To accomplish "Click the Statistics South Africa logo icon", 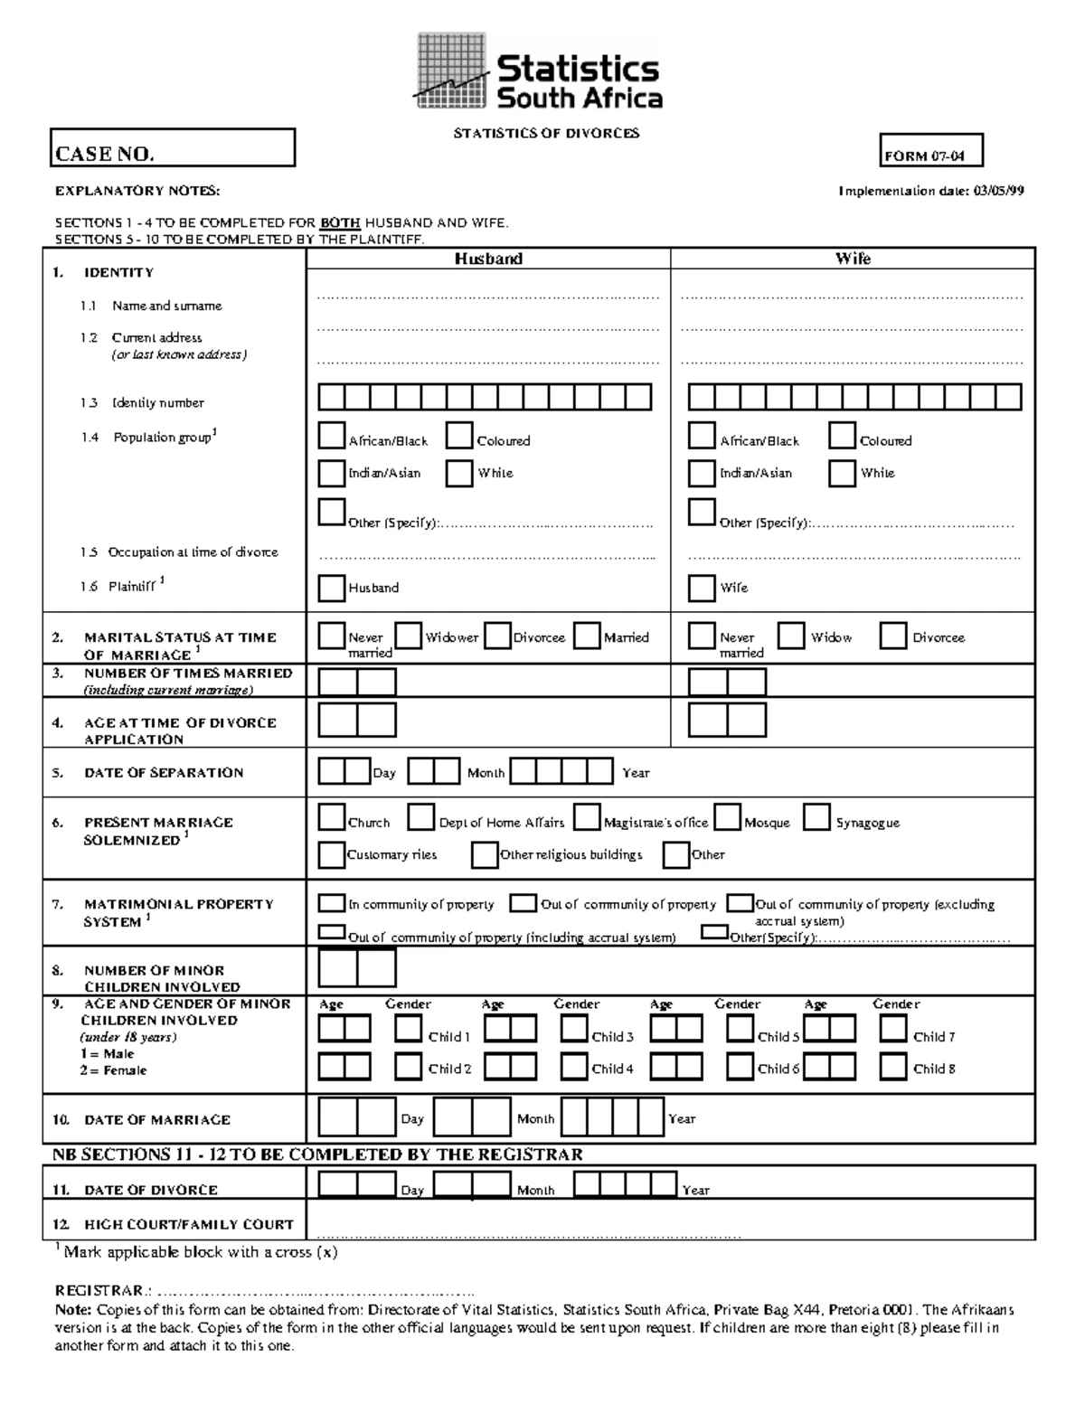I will [452, 71].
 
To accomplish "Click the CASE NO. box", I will [172, 148].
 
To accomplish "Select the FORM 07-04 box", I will [930, 151].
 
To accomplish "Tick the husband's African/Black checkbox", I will [331, 436].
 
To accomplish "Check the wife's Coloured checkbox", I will [842, 436].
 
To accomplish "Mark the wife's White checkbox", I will [842, 473].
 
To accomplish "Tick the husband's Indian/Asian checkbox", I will [331, 473].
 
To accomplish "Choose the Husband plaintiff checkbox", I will [331, 588].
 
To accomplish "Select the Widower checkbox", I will [409, 636].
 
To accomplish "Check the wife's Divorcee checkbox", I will [893, 636].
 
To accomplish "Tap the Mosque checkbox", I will [727, 818].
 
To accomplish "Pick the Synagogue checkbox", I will [816, 818].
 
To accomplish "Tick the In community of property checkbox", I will [331, 903].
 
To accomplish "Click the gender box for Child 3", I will [574, 1029].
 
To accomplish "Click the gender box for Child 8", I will [893, 1067].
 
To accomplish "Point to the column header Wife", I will [853, 259].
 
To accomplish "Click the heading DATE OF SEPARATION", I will [164, 773].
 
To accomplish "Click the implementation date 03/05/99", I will [998, 191].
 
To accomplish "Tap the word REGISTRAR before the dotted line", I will [99, 1290].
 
